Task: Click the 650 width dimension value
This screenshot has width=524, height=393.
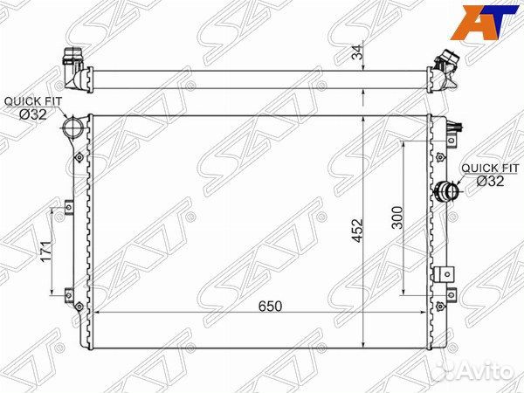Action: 270,306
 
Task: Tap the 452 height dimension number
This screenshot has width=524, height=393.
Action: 357,231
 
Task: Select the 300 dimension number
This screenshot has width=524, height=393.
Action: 397,217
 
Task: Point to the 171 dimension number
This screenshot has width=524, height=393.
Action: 46,252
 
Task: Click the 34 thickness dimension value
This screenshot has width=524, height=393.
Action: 357,52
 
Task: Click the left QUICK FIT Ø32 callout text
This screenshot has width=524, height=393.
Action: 33,108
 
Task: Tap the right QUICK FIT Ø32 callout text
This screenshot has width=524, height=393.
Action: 490,175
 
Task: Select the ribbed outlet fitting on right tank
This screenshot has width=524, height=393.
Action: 447,192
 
